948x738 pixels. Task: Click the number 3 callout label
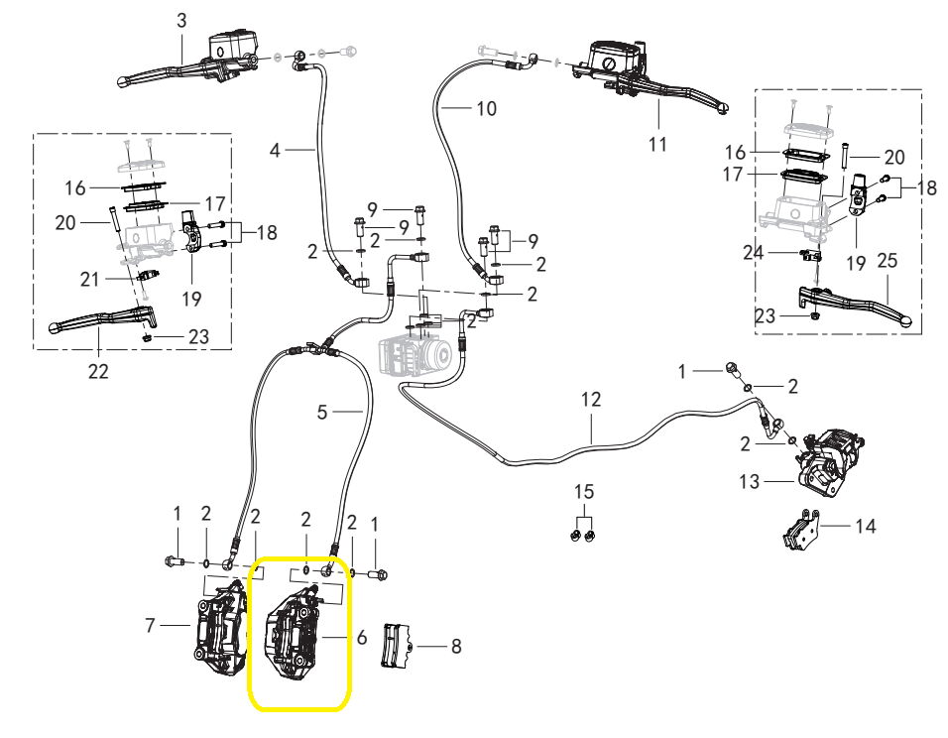pos(181,20)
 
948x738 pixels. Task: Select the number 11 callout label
pos(657,145)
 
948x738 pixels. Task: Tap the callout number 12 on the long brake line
pos(591,400)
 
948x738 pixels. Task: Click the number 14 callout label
pos(866,526)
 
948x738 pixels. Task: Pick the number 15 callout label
pos(585,492)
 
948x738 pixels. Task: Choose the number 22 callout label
pos(98,371)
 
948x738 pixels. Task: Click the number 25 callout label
pos(888,261)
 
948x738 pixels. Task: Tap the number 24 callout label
pos(753,252)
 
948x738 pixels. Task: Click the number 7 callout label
pos(152,626)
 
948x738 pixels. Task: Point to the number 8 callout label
pos(455,647)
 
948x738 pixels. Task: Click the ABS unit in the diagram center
pos(417,351)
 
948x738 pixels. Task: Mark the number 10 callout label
pos(486,108)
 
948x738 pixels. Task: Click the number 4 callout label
pos(276,150)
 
